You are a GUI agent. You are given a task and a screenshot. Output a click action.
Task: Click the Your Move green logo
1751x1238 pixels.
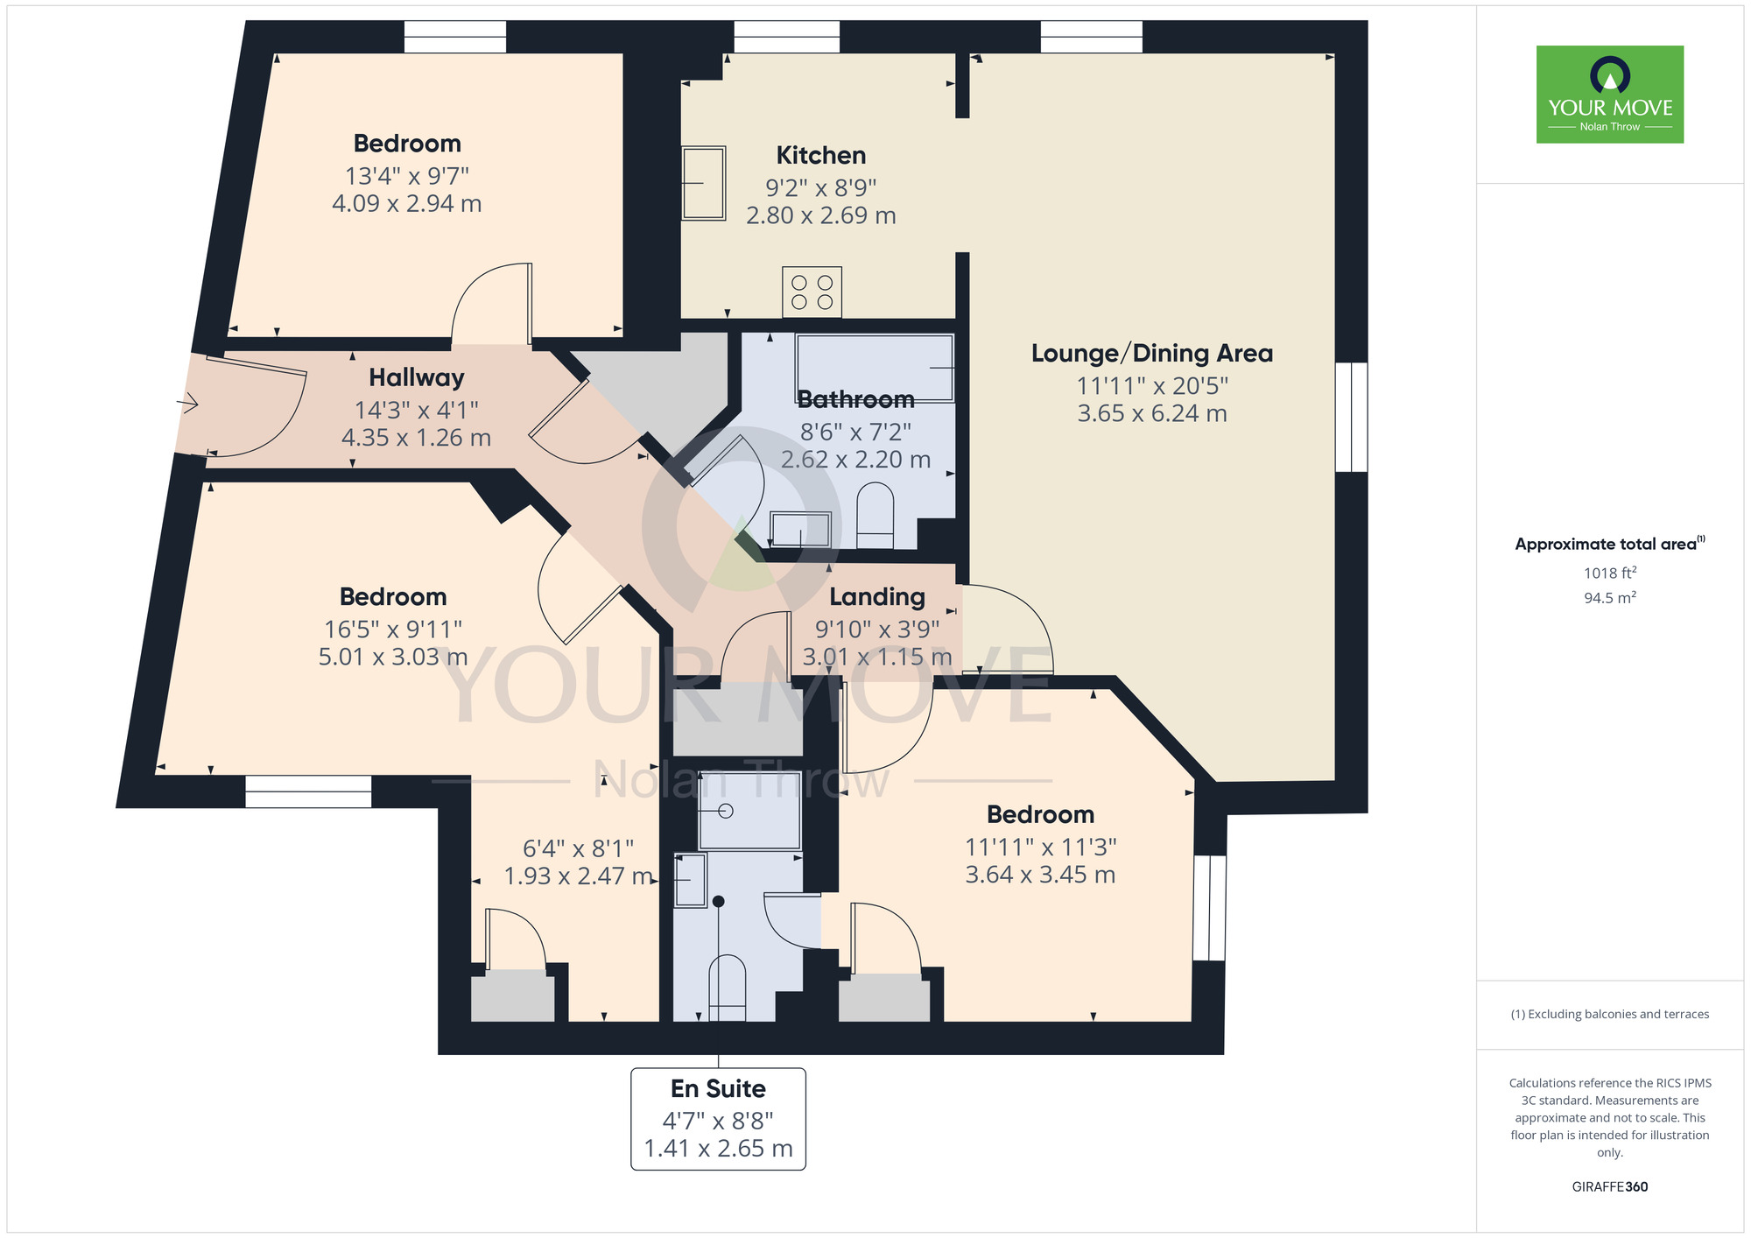point(1609,95)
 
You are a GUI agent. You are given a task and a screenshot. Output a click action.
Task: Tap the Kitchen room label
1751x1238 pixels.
point(820,156)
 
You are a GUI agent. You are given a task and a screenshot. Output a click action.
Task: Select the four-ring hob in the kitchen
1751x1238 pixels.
point(812,292)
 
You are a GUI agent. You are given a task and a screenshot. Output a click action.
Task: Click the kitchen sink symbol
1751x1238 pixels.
point(704,183)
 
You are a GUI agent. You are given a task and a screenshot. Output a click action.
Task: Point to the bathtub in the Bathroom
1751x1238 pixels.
point(874,368)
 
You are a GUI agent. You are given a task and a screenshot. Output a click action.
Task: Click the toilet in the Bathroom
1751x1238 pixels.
point(875,516)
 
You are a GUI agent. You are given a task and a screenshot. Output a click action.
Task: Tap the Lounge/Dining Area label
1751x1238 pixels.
point(1151,354)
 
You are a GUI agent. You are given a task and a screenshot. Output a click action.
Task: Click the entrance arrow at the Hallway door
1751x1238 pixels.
point(187,404)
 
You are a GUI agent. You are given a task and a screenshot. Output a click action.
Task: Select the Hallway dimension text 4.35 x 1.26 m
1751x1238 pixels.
point(416,438)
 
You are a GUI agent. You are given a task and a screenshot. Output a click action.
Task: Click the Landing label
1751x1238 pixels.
point(876,597)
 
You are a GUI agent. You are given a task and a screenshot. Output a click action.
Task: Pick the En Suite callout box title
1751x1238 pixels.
point(718,1089)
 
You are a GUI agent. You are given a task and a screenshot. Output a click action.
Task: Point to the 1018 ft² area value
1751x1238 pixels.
point(1609,573)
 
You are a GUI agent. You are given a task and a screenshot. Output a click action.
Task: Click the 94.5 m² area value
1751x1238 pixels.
point(1609,598)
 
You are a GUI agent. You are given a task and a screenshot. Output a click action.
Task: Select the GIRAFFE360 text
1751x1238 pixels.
point(1609,1187)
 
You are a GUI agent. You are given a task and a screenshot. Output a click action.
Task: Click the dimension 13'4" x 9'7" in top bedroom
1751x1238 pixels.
point(407,176)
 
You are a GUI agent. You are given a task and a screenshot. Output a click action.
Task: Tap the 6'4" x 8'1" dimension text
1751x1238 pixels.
point(578,848)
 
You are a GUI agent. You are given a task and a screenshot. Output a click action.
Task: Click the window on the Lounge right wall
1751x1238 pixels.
point(1351,418)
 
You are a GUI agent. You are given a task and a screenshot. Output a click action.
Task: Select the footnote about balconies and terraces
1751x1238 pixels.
point(1609,1015)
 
